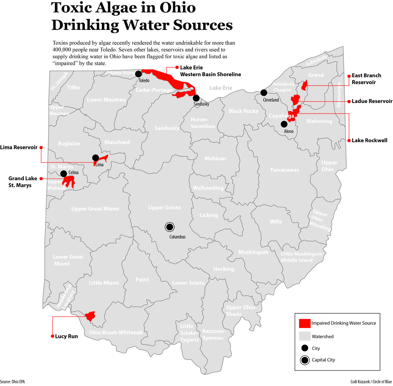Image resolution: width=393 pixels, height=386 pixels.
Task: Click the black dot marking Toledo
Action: (138, 74)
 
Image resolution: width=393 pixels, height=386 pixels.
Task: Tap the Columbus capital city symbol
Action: (169, 227)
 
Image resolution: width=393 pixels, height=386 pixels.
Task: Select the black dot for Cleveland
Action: (264, 93)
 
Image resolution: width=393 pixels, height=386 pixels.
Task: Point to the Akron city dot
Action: (284, 124)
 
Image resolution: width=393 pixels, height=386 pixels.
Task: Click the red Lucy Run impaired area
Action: (91, 316)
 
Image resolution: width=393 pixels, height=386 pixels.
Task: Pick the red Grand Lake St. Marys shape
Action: (69, 182)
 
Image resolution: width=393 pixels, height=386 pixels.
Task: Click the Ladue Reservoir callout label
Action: (372, 101)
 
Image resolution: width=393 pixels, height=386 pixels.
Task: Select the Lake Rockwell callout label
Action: (369, 140)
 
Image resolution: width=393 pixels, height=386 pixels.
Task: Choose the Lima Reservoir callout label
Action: (19, 147)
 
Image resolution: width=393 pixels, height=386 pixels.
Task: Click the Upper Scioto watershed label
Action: (165, 207)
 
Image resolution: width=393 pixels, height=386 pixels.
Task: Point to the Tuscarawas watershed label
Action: (284, 170)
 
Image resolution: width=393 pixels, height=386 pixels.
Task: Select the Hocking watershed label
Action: (224, 269)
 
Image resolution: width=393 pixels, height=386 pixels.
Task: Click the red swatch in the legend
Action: (305, 323)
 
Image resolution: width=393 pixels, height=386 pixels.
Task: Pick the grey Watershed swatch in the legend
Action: (305, 336)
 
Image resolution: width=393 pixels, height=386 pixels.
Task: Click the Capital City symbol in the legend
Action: (305, 359)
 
